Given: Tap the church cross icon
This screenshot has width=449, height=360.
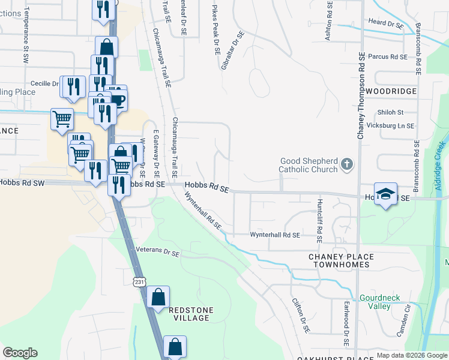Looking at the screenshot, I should tap(346, 163).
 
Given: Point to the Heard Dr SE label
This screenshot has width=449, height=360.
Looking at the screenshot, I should tap(385, 23).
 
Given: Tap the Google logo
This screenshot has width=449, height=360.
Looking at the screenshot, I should tap(20, 353).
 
